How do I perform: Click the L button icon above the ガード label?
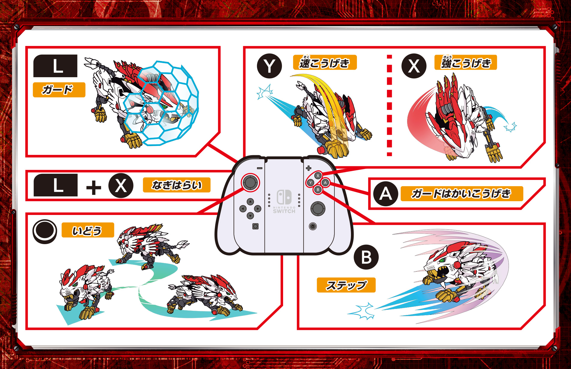[55, 66]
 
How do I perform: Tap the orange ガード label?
[59, 90]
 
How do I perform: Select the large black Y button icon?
[269, 66]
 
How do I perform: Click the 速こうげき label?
[325, 62]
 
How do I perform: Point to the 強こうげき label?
[466, 62]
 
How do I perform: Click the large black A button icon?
[386, 194]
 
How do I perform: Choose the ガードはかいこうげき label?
[462, 194]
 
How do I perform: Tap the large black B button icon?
[366, 257]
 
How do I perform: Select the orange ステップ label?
[346, 285]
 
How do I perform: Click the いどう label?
[88, 230]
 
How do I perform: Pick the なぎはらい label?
[177, 185]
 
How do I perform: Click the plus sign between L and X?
[94, 188]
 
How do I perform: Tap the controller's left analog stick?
[250, 182]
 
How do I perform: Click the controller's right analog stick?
[318, 208]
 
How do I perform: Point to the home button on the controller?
[313, 226]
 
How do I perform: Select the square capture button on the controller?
[255, 226]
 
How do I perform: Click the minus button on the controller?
[260, 168]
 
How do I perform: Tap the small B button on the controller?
[318, 190]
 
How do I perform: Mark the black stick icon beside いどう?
[45, 231]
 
